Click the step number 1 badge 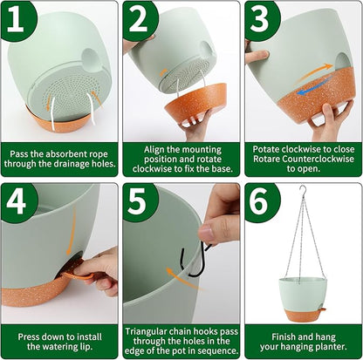pos(18,20)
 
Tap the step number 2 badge pos(140,20)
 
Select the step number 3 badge pos(262,20)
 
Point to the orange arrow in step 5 pos(182,278)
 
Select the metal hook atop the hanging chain pos(303,191)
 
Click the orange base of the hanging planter pos(303,316)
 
